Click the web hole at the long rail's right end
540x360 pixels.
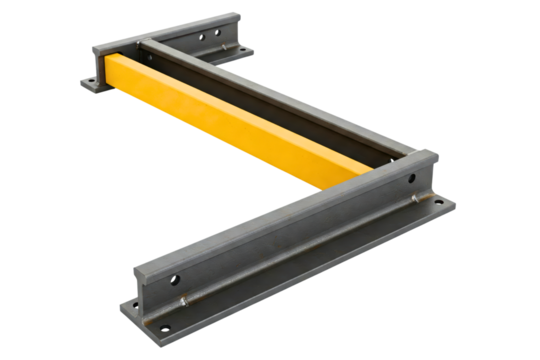click(413, 179)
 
